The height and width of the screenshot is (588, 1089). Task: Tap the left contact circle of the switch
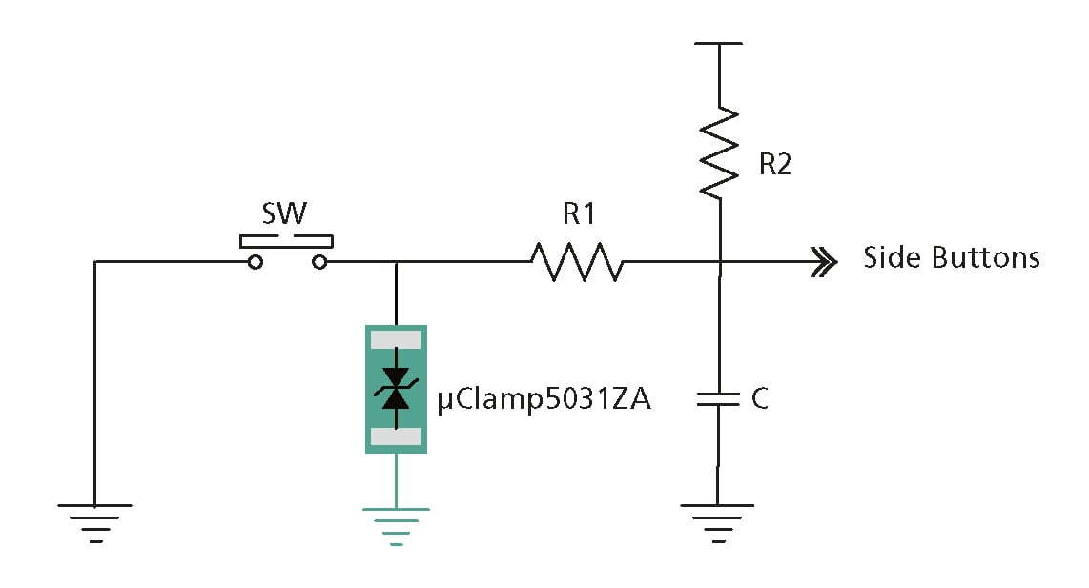click(255, 262)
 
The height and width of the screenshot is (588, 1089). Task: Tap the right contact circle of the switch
click(319, 262)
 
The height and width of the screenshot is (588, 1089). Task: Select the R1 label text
click(578, 214)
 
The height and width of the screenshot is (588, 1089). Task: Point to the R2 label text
click(775, 165)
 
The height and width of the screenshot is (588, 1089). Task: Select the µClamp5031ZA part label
click(544, 399)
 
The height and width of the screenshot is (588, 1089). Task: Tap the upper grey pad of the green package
click(395, 338)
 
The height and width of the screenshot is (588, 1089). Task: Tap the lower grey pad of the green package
click(395, 436)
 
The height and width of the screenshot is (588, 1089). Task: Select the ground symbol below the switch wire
click(94, 519)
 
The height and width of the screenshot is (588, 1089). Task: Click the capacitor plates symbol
click(719, 398)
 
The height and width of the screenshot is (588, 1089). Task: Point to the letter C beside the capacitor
click(759, 399)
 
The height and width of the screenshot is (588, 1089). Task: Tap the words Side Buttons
click(951, 258)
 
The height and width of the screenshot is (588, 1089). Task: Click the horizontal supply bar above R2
click(719, 44)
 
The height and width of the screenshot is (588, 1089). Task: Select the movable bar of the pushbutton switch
click(287, 236)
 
